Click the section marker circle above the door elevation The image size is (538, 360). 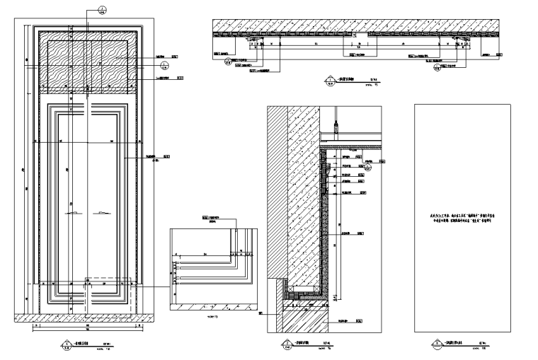coord(103,11)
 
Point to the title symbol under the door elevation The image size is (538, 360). coord(65,345)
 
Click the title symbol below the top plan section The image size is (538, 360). coord(327,81)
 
